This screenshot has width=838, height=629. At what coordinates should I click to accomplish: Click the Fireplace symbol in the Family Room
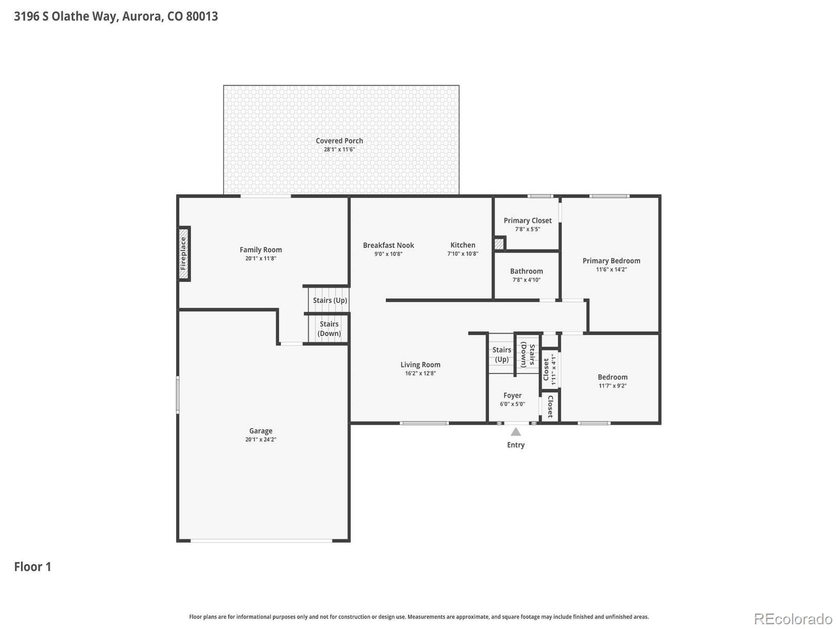184,254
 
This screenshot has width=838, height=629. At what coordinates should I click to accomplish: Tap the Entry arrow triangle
515,431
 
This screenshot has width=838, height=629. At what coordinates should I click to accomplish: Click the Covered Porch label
339,140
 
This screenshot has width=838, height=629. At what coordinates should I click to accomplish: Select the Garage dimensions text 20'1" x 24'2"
261,439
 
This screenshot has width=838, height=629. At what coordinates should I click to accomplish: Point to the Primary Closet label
527,220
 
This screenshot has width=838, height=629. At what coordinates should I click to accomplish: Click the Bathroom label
526,271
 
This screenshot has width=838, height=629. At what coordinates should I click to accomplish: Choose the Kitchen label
462,245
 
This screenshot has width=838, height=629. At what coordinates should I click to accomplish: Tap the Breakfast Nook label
388,245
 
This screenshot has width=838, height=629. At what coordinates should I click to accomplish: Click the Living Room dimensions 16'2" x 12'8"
421,373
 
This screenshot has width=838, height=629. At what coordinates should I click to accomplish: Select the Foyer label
512,395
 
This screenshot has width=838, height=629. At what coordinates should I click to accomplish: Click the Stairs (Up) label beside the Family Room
330,300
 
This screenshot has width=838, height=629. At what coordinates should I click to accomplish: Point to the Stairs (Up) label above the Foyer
501,354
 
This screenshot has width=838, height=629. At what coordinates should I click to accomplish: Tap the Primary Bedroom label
611,261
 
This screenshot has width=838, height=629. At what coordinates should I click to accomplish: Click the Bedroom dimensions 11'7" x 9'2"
612,386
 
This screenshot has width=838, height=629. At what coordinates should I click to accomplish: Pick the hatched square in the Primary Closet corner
499,244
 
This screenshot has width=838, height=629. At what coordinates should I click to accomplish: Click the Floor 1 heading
32,567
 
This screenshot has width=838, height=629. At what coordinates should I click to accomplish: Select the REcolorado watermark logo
793,619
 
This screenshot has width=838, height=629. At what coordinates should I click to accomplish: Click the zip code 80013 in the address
202,16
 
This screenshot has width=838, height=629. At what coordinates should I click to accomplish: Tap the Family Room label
261,250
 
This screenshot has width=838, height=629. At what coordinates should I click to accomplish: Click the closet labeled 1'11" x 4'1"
550,370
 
